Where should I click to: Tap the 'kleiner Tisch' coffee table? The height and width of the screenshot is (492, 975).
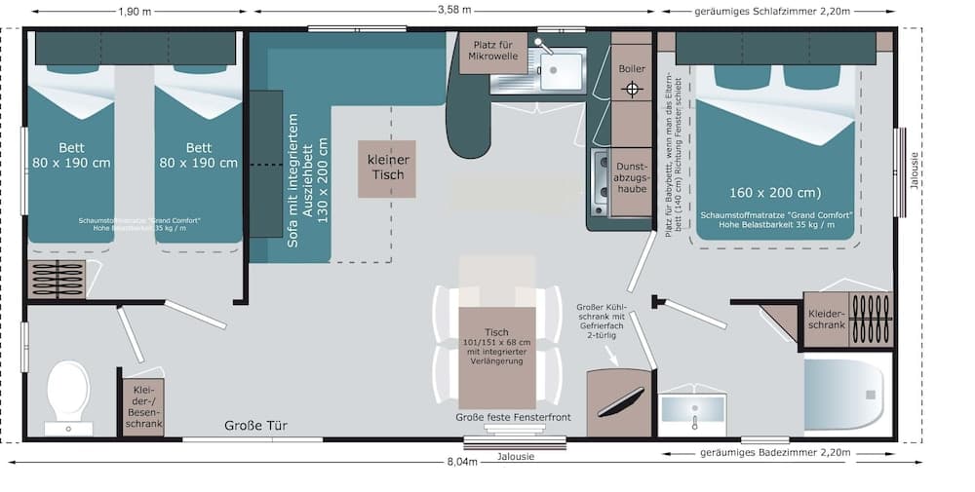[386, 168]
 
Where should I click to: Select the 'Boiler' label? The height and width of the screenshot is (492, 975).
[632, 69]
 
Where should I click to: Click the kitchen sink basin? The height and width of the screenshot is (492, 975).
[562, 71]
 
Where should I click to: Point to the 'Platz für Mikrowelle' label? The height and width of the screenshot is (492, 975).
[493, 51]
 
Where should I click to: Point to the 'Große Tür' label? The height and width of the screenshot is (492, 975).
[255, 425]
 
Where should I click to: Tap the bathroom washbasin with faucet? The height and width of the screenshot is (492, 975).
[692, 409]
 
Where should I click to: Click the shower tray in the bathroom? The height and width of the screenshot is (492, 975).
[844, 395]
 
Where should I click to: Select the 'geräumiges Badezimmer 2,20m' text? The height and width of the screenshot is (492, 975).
[775, 453]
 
